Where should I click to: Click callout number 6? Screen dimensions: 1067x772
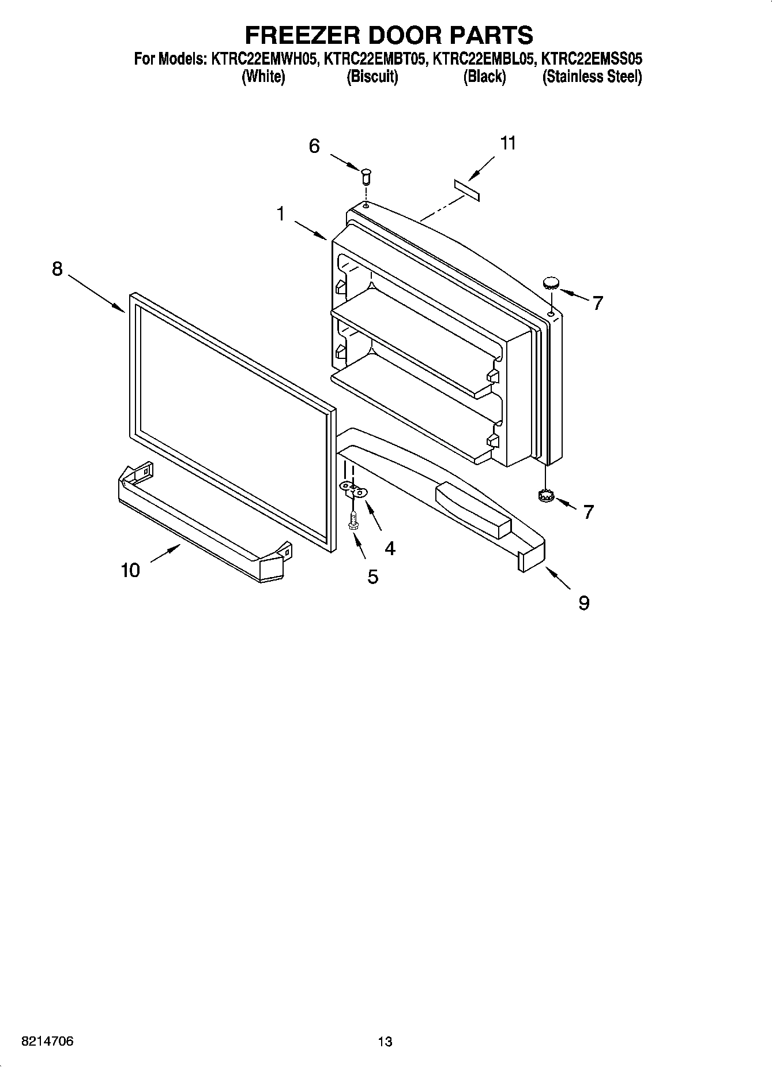click(314, 147)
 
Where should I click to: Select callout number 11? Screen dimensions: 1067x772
click(508, 143)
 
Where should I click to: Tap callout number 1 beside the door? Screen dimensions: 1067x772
click(281, 215)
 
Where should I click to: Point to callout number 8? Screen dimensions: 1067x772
click(57, 269)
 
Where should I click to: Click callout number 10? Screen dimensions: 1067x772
click(130, 571)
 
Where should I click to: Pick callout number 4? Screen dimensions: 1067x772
click(390, 548)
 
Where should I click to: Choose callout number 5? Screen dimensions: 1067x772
click(373, 576)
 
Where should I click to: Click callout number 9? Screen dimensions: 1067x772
click(584, 604)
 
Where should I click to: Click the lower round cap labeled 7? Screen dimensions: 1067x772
click(544, 495)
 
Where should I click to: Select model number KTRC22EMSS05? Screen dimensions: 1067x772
click(592, 59)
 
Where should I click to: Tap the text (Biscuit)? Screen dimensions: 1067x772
click(372, 77)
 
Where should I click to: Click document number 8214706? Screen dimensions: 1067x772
click(47, 1042)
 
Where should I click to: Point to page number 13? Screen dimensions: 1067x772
click(385, 1042)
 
